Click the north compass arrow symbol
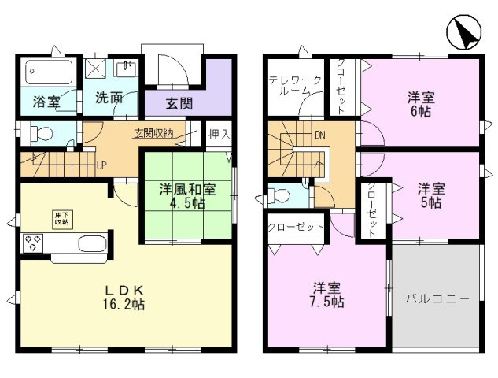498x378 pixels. point(464,32)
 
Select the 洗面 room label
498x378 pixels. point(109,98)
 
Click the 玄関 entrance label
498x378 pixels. point(179,104)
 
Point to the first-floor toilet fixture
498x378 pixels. point(41,133)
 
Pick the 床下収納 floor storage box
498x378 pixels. point(63,219)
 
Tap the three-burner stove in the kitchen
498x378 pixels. point(32,243)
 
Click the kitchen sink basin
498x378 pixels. point(91,244)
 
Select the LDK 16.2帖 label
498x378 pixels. point(124,298)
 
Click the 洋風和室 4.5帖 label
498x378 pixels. point(187,196)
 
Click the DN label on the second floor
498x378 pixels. point(320,135)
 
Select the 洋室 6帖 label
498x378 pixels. point(421,104)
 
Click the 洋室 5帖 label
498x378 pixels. point(431,195)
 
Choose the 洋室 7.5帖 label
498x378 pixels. point(326,295)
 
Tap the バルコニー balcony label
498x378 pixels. point(437,298)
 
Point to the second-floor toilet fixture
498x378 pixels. point(279,195)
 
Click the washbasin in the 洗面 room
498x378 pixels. point(126,68)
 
